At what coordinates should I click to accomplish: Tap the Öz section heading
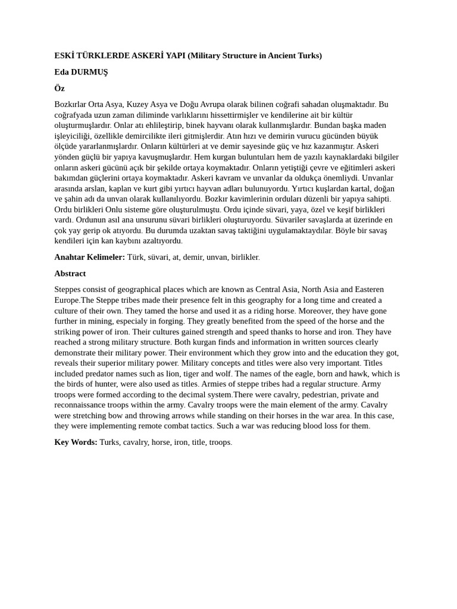tap(59, 88)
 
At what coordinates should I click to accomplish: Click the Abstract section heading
tap(70, 274)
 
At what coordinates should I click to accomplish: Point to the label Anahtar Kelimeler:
tap(89, 258)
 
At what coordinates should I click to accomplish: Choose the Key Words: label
tap(76, 442)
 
